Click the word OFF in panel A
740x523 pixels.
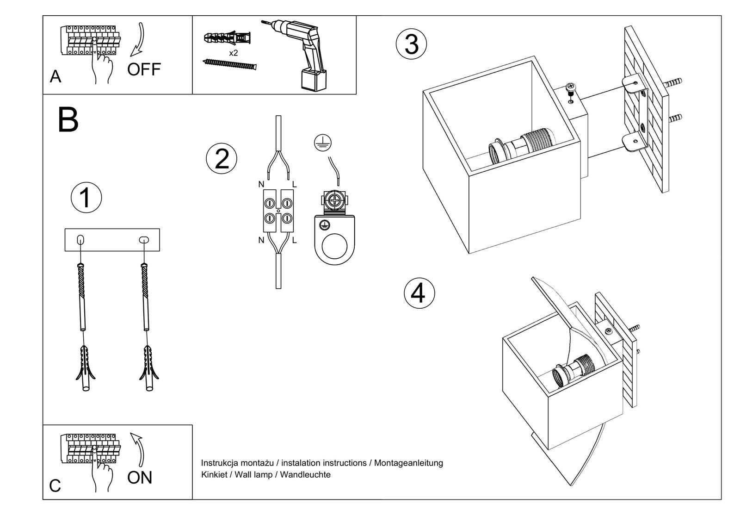coord(144,69)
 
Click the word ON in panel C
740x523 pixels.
coord(139,477)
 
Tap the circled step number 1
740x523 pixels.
coord(86,198)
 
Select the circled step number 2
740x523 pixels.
coord(222,159)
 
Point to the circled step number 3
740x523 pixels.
coord(411,44)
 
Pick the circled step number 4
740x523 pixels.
coord(419,293)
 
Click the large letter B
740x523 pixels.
coord(68,119)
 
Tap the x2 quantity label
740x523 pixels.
coord(234,53)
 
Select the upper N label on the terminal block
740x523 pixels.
coord(261,185)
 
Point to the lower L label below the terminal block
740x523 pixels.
coord(295,240)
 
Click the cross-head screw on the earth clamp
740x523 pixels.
coord(333,200)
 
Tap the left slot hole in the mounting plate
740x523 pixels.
coord(80,239)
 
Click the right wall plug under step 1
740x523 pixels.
coord(149,368)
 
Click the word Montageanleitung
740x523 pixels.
coord(408,463)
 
